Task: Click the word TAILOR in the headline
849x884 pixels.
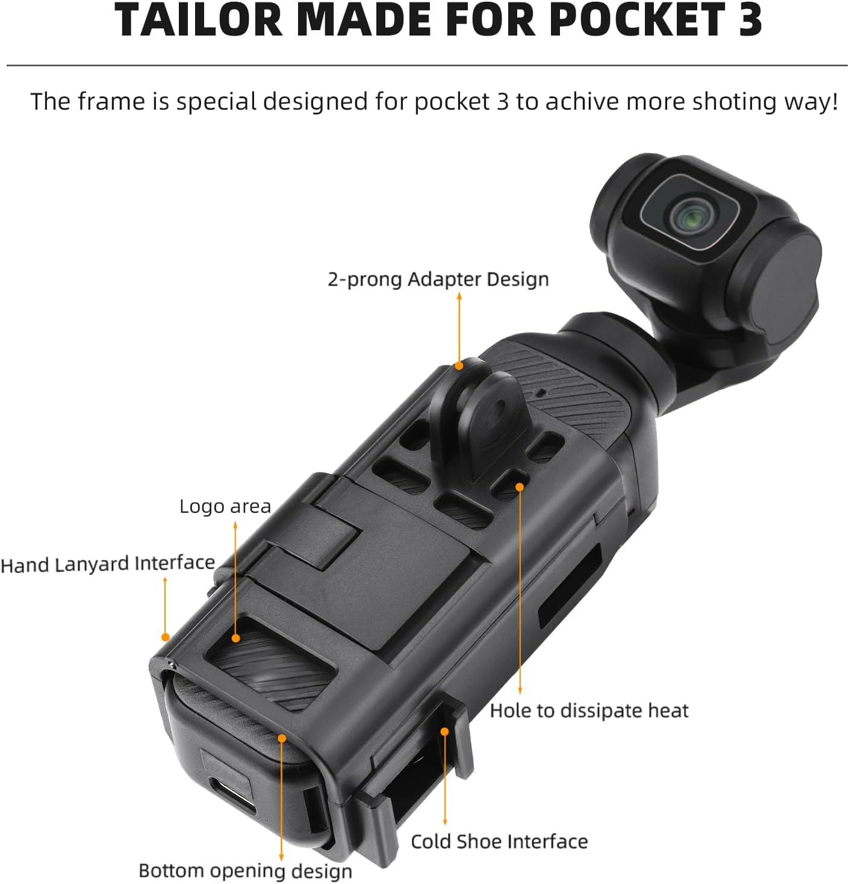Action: (x=199, y=20)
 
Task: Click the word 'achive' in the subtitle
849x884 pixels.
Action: (x=574, y=101)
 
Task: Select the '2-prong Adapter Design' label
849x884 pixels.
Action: (x=438, y=280)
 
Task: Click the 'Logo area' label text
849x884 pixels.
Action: (x=225, y=507)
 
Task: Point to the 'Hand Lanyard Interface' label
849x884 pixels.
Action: (x=108, y=564)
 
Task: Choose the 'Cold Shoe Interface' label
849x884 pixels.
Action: (x=499, y=842)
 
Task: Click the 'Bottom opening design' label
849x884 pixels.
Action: (x=245, y=871)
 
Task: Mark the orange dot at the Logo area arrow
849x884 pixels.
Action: (x=235, y=638)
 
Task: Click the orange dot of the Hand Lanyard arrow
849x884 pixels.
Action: (x=166, y=637)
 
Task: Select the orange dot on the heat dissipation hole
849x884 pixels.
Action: (x=520, y=487)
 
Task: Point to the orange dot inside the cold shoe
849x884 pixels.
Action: (x=445, y=732)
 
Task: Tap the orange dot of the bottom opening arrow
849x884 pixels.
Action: (x=282, y=738)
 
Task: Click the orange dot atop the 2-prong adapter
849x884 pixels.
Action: (x=459, y=365)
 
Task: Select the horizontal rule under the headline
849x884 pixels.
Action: (x=427, y=66)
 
